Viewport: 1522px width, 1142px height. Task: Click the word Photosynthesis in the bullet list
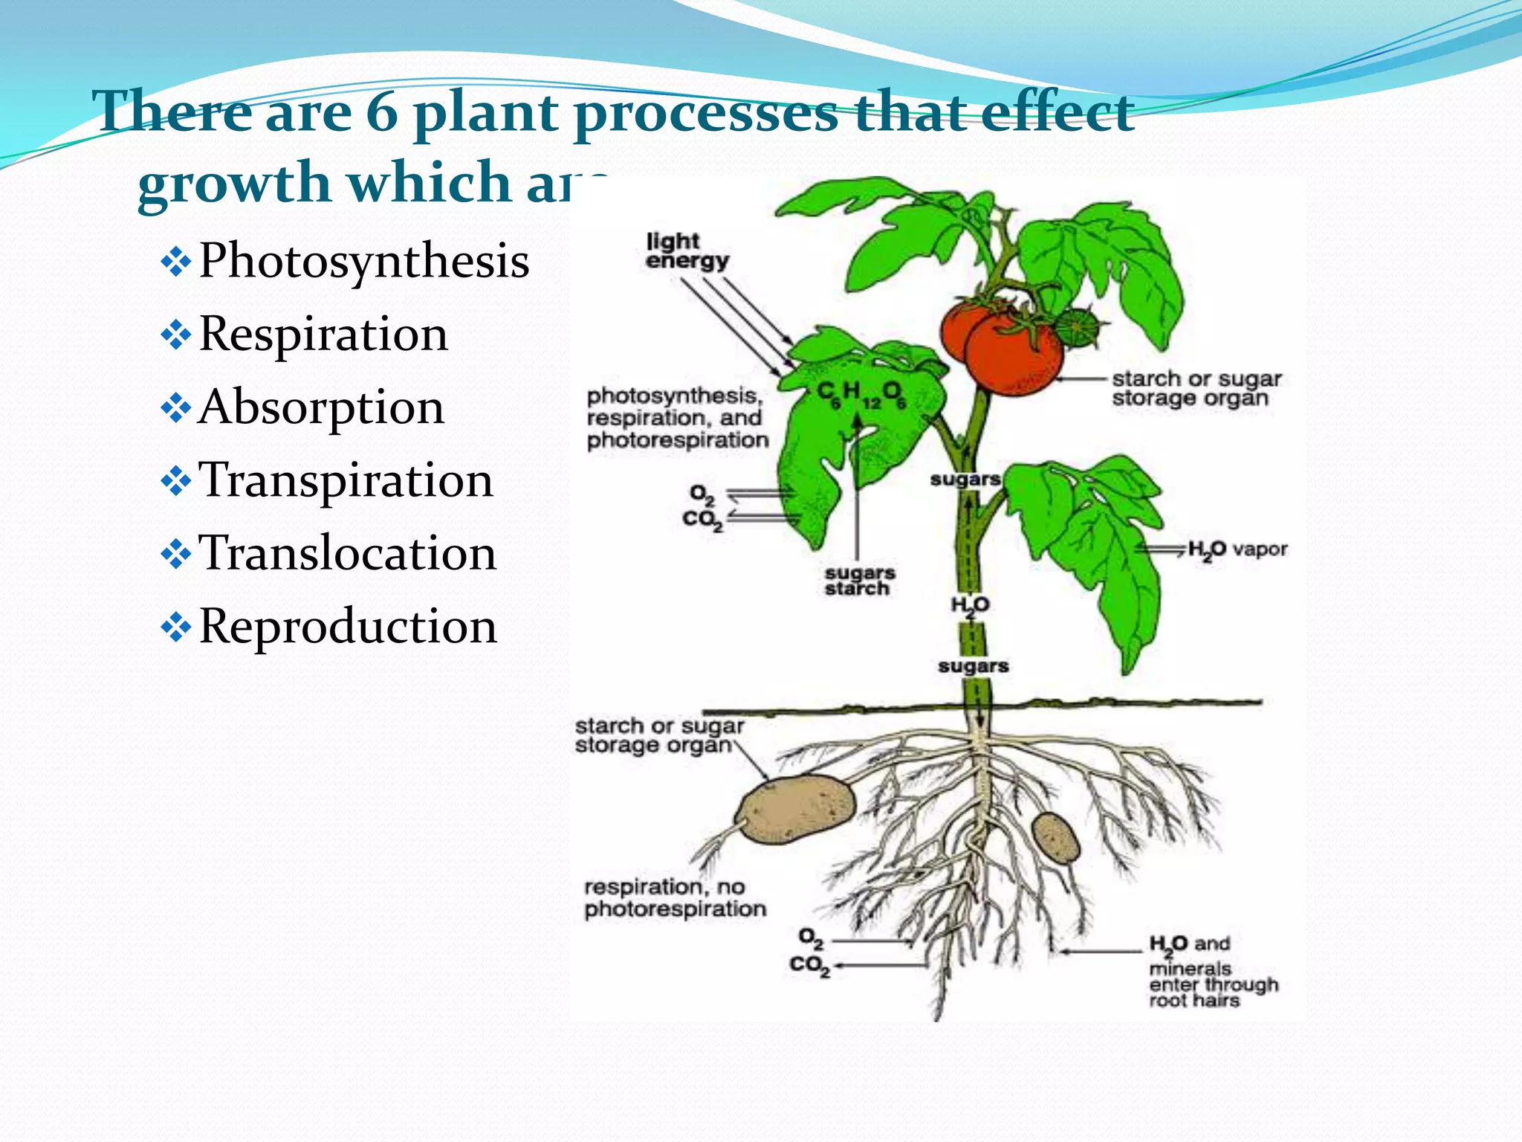364,262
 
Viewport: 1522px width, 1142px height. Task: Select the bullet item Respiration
323,335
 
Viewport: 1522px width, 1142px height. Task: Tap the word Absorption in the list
321,407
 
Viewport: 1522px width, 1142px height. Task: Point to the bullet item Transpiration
346,480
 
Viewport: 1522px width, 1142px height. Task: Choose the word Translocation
347,553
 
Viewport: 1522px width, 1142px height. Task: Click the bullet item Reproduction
348,626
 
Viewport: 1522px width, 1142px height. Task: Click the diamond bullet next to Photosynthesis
176,263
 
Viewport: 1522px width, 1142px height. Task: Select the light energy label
686,251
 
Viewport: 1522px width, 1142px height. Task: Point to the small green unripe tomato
1077,327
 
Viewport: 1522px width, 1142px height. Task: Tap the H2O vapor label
1237,550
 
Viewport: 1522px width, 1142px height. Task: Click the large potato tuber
795,809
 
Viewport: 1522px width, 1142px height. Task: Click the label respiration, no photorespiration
675,897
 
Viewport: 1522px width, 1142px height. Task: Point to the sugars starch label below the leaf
859,581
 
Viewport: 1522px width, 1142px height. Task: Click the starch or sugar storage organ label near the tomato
1196,388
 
